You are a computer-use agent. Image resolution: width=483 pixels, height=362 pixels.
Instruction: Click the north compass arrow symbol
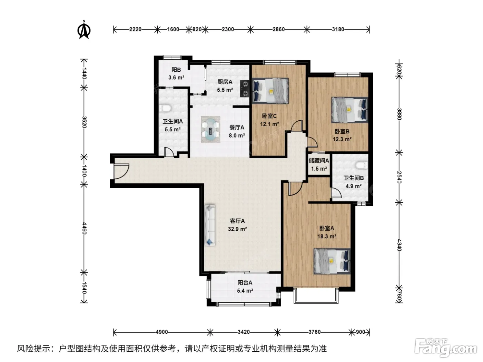pos(84,30)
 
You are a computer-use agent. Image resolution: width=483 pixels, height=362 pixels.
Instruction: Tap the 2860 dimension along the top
pos(278,29)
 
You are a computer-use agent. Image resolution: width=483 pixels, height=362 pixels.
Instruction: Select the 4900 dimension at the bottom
pos(162,332)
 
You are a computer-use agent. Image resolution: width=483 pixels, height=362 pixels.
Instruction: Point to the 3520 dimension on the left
pos(84,122)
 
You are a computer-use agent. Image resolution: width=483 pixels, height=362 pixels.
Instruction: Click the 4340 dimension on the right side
pos(399,245)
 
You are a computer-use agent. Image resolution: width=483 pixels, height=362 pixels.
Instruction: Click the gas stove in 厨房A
pos(245,89)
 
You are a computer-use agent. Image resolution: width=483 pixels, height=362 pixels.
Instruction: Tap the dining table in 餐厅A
pos(210,129)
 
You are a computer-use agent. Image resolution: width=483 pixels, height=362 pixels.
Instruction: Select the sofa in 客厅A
pos(210,225)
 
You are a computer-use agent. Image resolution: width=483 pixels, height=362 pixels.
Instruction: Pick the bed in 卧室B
pos(350,110)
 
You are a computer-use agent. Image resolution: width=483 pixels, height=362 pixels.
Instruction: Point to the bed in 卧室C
pos(270,91)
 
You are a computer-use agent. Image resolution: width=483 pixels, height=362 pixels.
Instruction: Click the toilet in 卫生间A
pos(165,108)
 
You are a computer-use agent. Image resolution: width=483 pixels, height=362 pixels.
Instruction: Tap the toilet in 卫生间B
pos(362,165)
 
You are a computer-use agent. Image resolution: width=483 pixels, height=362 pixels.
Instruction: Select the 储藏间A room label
pos(319,161)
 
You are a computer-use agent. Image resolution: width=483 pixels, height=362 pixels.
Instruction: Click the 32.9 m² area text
pos(237,229)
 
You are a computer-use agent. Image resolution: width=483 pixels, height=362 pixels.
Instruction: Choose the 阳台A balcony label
pos(245,283)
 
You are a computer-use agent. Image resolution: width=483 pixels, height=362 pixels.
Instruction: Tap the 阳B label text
pos(176,70)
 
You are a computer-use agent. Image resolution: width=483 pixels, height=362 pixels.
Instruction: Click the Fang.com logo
pos(445,348)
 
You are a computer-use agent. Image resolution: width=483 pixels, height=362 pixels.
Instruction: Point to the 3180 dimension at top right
pos(338,29)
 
